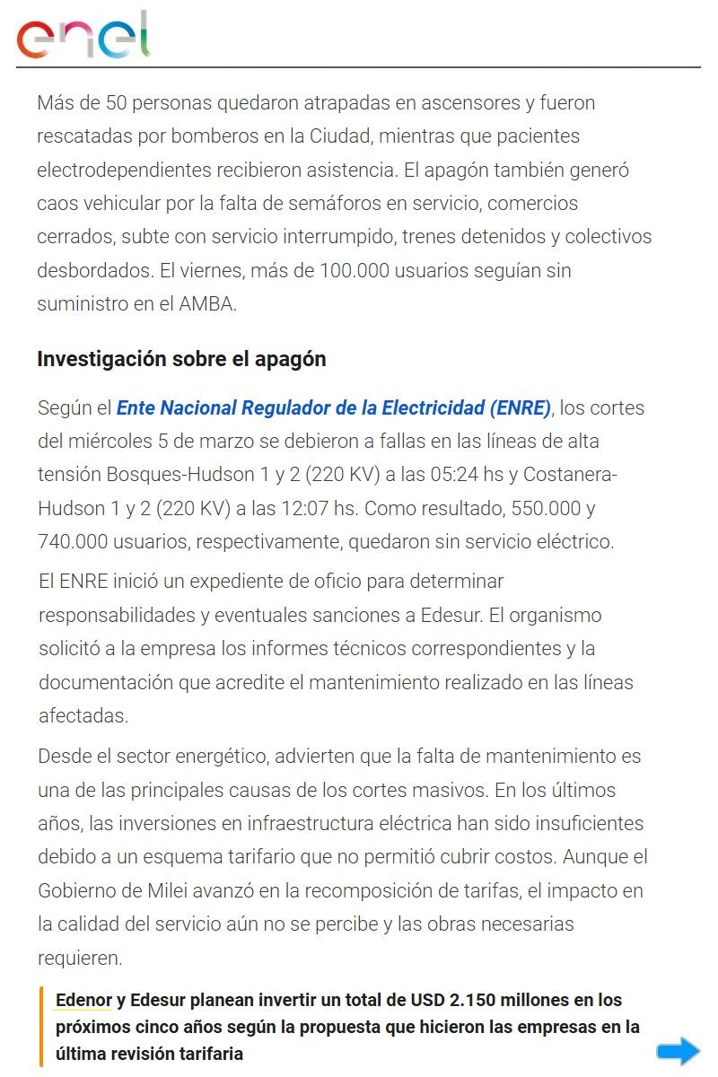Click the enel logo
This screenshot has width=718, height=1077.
pos(83,36)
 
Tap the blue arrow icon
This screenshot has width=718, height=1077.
pos(678,1051)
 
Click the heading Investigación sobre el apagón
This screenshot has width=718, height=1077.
pos(181,359)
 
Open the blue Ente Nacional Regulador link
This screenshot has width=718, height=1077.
pos(333,408)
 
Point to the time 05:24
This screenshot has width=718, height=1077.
pos(443,475)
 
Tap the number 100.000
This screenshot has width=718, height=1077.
pos(355,270)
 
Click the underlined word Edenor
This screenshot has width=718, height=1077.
pos(83,1000)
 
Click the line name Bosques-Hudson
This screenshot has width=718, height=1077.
pos(174,475)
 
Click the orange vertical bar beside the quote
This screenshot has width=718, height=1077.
pos(41,1026)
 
